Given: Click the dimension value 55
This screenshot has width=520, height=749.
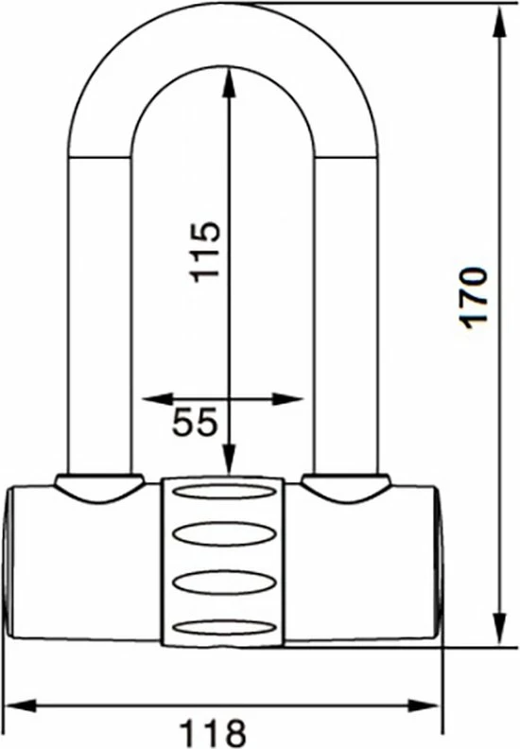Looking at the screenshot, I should (x=196, y=423).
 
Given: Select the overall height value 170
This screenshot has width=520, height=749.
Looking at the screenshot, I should (x=475, y=297).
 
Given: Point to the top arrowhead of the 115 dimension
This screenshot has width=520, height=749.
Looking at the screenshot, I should (x=228, y=78).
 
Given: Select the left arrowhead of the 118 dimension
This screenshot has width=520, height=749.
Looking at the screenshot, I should (x=17, y=705).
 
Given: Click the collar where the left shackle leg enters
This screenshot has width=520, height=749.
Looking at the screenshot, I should (x=97, y=486).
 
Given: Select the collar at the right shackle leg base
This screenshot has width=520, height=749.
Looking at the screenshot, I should (x=346, y=486).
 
